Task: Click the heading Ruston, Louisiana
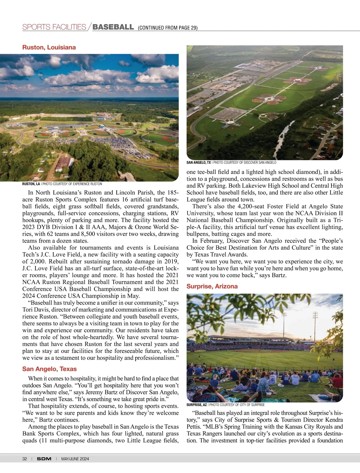[x=49, y=47]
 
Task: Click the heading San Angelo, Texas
[x=49, y=369]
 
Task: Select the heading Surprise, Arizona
[x=212, y=286]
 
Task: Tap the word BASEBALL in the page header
[x=113, y=27]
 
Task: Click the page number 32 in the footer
[x=25, y=459]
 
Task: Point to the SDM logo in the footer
[x=44, y=459]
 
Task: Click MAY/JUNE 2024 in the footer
[x=75, y=459]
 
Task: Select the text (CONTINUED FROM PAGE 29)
[x=168, y=28]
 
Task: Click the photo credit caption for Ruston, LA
[x=62, y=184]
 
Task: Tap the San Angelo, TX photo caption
[x=231, y=163]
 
